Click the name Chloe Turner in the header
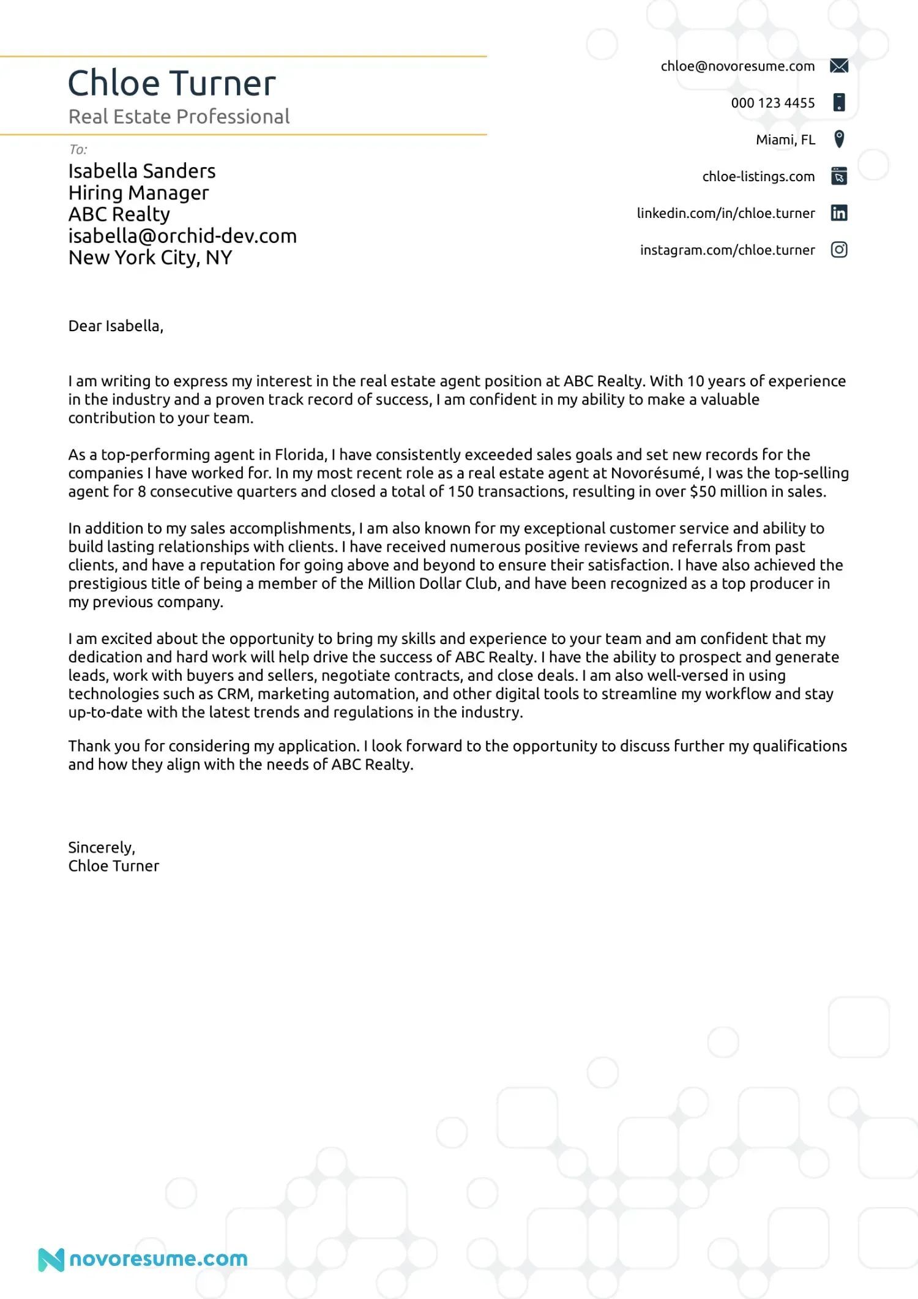[171, 83]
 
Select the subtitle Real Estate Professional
[179, 116]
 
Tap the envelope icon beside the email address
[839, 66]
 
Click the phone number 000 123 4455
[772, 103]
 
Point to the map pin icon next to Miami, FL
[839, 139]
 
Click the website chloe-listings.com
[758, 176]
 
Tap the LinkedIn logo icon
[839, 213]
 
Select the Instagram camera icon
[839, 250]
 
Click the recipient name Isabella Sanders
[142, 171]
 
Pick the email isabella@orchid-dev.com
[182, 236]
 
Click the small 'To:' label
[78, 149]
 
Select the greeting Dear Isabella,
[116, 326]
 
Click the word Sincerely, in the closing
[102, 847]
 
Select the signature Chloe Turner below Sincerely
[113, 866]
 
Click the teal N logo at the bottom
[51, 1260]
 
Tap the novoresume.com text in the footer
[159, 1259]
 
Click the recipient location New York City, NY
[150, 258]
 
